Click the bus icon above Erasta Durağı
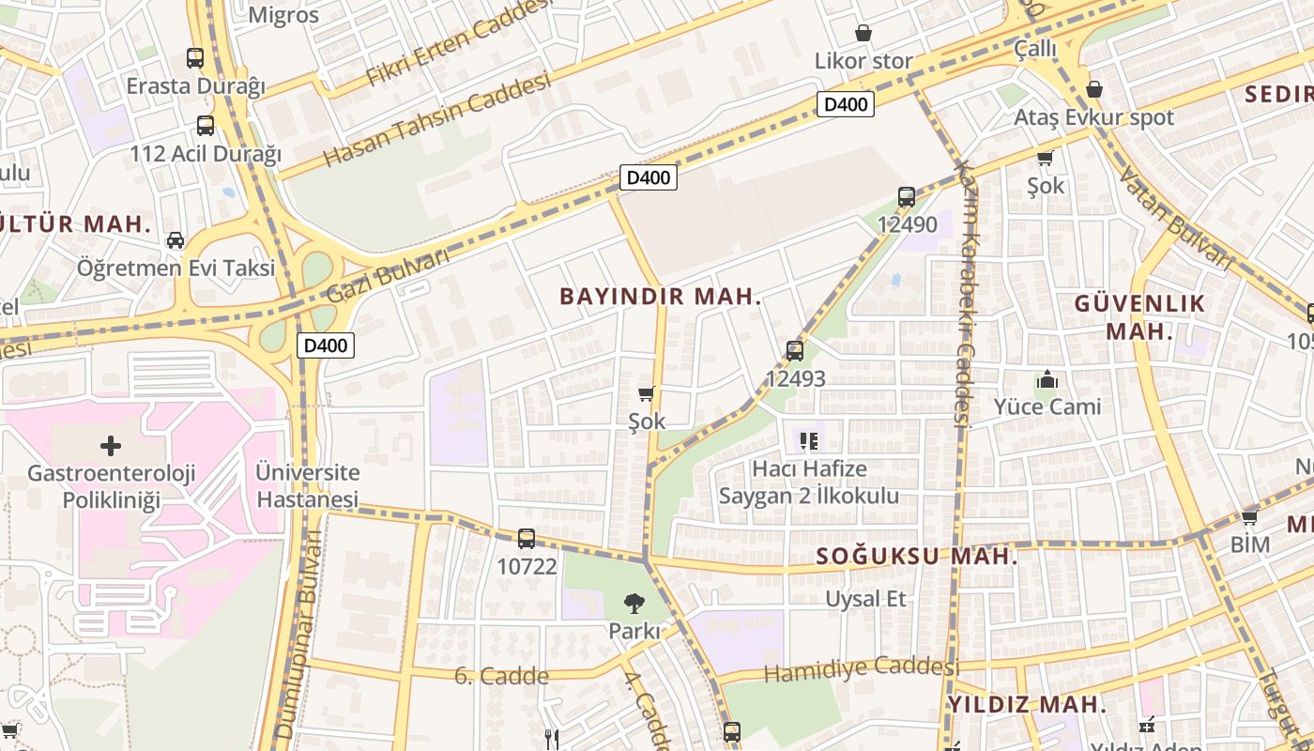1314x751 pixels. (195, 58)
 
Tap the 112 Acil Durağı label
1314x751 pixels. (206, 154)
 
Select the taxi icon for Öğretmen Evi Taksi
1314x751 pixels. (176, 240)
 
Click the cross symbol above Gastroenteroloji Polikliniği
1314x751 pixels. (111, 445)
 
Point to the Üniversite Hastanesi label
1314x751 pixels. (308, 485)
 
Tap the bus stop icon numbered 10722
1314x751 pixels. (527, 539)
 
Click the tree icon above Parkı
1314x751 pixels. (634, 604)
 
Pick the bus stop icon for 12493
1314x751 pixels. (795, 351)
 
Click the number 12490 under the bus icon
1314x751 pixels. (907, 224)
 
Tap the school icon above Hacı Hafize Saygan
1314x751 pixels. (808, 440)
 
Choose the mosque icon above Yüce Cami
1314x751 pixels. (1047, 380)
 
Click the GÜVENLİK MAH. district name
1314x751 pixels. (1139, 317)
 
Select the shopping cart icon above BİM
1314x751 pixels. (1249, 517)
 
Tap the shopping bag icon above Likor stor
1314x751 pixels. (863, 34)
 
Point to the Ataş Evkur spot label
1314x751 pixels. (1093, 117)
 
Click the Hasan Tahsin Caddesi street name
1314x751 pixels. (436, 120)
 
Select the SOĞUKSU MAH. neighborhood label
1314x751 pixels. (916, 556)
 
